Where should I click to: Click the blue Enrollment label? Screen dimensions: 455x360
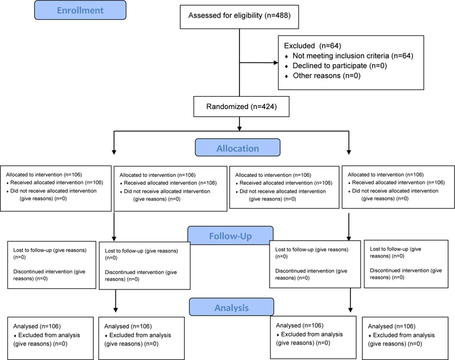80,10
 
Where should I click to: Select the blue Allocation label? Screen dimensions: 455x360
238,148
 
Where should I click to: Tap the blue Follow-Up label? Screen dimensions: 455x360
230,235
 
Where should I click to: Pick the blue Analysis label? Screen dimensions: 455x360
231,307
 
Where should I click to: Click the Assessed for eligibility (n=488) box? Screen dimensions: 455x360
239,16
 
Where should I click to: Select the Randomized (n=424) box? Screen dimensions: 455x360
241,106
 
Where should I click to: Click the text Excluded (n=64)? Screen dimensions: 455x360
312,45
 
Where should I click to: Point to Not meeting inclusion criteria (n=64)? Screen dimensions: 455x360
353,56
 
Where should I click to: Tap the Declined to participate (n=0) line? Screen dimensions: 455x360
340,65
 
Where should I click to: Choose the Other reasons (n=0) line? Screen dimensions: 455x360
326,76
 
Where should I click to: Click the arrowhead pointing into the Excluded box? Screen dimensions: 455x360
276,63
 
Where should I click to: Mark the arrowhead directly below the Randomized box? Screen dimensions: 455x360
239,129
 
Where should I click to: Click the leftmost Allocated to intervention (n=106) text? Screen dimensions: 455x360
44,175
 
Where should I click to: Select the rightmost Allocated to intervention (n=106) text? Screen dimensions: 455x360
386,175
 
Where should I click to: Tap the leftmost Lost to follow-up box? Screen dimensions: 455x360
52,265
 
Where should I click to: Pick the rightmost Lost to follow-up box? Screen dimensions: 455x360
406,264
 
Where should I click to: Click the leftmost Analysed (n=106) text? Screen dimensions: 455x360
37,326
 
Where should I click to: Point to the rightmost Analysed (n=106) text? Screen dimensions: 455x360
392,326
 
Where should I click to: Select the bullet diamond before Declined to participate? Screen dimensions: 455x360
287,67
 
